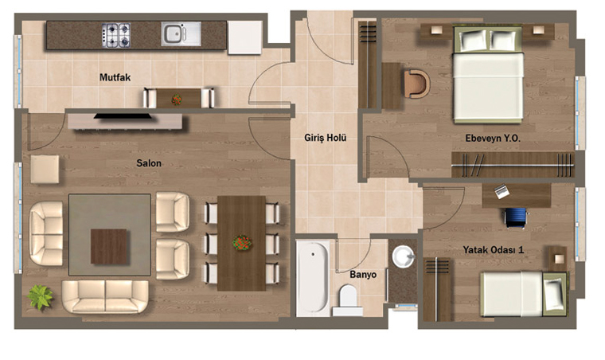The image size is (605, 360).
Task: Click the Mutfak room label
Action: pos(115,77)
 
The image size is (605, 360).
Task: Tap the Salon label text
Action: pos(149,163)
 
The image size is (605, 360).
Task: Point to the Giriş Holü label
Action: pos(326,138)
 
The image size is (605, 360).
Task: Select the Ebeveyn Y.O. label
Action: pos(493,138)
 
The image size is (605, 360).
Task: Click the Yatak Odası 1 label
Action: pos(494,250)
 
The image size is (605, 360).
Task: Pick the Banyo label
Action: pos(363,275)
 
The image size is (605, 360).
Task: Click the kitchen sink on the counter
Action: pos(181,34)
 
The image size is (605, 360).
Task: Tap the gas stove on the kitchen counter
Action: pos(116,35)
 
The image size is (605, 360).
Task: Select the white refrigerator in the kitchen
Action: pos(244,37)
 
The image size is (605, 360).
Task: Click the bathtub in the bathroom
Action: pos(313,278)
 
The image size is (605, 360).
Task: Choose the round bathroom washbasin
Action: pos(404,256)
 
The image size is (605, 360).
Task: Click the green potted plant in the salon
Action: pos(40,297)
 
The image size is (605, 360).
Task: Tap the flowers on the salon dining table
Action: pos(242,243)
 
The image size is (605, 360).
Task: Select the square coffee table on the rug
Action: pos(109,247)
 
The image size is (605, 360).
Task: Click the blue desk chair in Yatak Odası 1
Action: pos(516,217)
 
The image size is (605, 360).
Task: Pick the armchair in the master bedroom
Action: pos(416,84)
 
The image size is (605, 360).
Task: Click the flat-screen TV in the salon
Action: pos(123,115)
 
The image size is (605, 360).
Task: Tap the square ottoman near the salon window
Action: pos(45,169)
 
